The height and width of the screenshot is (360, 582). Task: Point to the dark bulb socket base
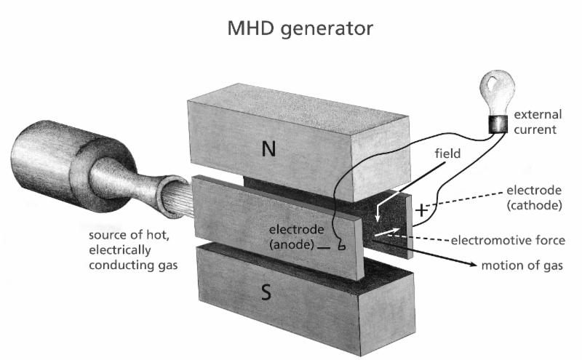[x=498, y=124]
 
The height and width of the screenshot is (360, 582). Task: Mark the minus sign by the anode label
[x=322, y=248]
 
